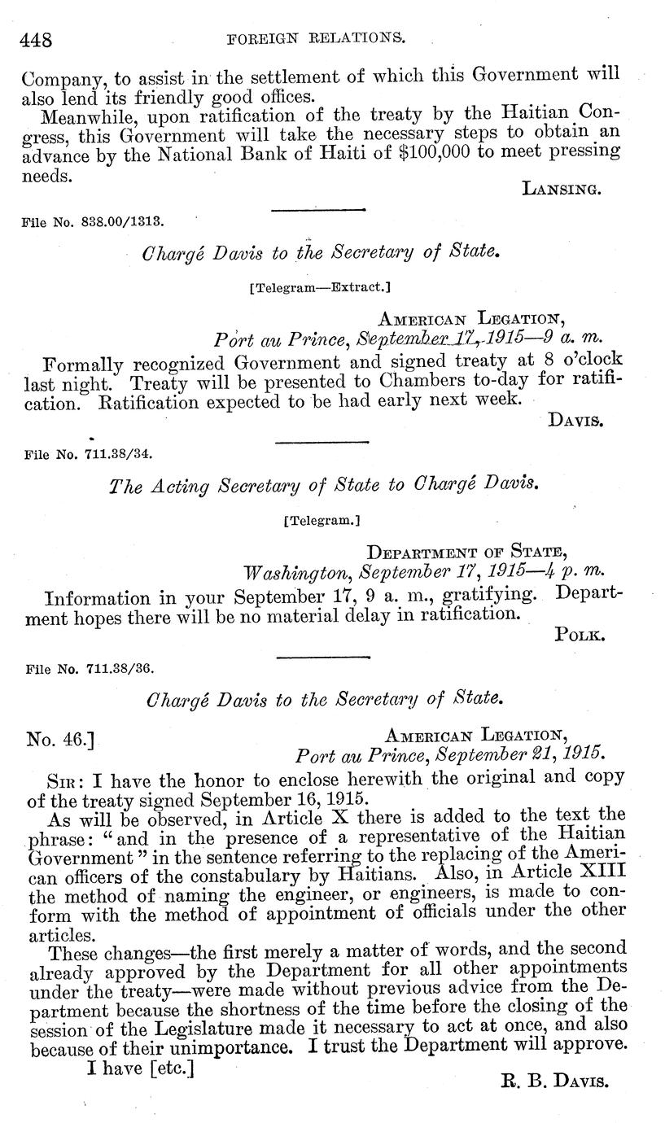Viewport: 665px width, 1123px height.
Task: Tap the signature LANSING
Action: (x=561, y=189)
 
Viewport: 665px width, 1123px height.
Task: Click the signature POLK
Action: (x=578, y=635)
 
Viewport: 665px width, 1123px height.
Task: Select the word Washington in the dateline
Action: (x=300, y=570)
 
